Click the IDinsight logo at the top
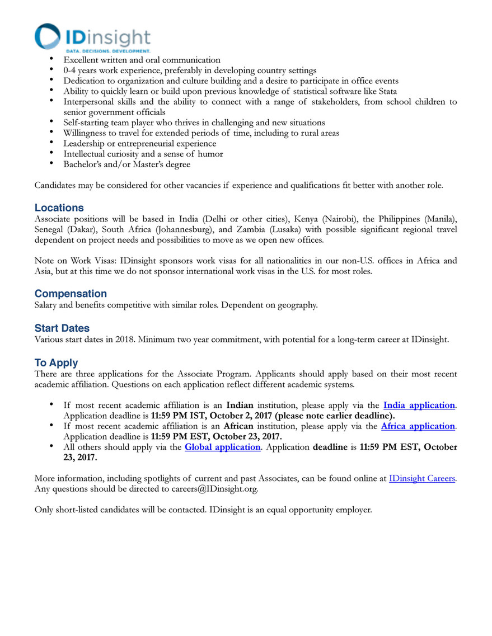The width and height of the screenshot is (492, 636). [92, 37]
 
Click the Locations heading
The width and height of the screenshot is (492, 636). [59, 208]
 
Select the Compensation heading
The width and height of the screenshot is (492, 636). [71, 293]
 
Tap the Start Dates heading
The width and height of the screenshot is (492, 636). [62, 328]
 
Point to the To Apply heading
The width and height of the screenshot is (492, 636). [57, 363]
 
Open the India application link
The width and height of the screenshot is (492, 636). [419, 405]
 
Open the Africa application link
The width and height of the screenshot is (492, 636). [418, 426]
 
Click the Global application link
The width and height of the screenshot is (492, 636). [222, 447]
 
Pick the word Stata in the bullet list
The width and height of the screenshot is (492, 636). [386, 91]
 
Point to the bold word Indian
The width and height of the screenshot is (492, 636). [241, 405]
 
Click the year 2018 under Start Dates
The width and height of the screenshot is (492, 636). [119, 339]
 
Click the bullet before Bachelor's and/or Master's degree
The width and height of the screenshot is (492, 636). [51, 164]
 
